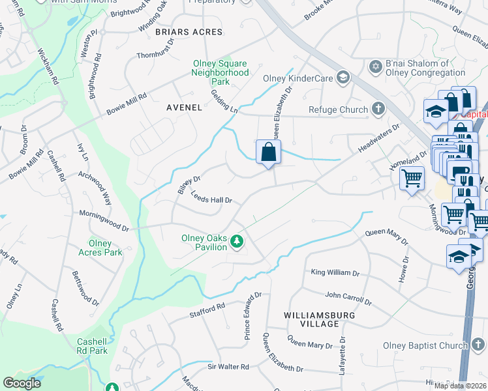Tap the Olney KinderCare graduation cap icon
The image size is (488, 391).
point(343,79)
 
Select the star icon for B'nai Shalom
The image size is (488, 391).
point(375,67)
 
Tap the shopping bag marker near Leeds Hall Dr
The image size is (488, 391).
point(268,154)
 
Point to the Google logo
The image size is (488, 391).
point(22,383)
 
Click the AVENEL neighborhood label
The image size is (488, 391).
point(183,107)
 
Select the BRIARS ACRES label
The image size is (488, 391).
point(189,31)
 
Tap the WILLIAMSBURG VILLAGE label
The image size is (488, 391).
point(312,319)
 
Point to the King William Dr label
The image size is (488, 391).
point(335,272)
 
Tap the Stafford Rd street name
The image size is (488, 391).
point(207,310)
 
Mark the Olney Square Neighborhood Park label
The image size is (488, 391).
point(220,72)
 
